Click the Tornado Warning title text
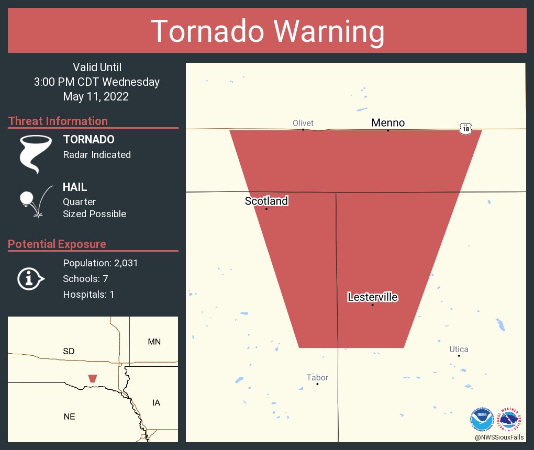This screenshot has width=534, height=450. tap(267, 31)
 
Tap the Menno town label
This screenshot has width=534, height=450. tap(388, 123)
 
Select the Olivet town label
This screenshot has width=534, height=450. tap(303, 123)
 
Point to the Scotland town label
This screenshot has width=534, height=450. tap(266, 201)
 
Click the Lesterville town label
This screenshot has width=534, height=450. tap(373, 297)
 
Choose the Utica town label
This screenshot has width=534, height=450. tap(459, 350)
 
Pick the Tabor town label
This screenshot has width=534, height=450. tap(318, 377)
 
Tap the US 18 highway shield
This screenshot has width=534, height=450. tap(465, 128)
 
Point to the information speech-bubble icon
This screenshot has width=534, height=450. tap(31, 278)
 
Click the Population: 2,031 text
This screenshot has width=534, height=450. tap(101, 263)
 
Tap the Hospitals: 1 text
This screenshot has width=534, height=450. tap(88, 295)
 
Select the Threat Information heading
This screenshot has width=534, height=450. tap(58, 121)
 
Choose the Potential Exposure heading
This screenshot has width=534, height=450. tap(57, 244)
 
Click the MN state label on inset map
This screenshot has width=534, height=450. tap(154, 342)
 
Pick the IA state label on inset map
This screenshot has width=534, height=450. tap(156, 402)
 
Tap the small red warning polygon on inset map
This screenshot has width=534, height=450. tap(93, 378)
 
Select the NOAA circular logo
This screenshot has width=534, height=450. tap(482, 419)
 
